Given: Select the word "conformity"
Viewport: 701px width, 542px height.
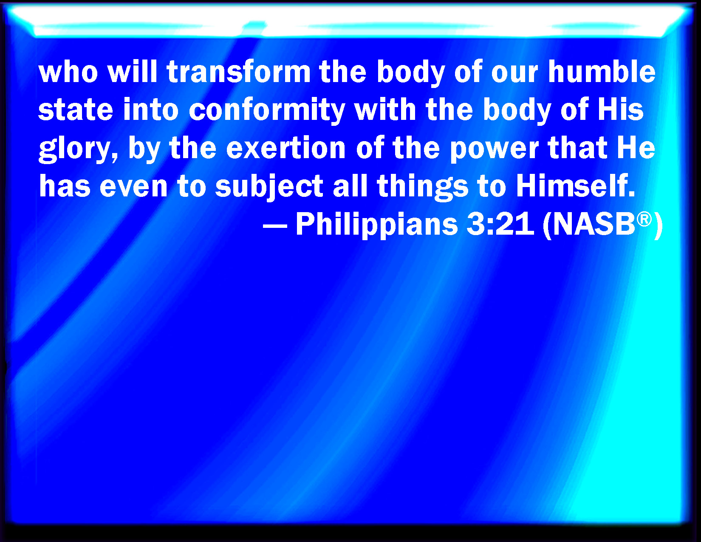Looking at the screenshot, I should click(x=267, y=110).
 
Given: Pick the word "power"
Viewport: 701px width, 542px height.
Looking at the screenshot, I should click(x=494, y=149).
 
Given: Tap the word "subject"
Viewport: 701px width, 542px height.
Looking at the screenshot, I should click(x=269, y=187).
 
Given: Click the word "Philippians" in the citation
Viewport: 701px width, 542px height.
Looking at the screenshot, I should click(x=376, y=224).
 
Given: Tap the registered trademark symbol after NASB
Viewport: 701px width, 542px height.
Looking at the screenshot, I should click(x=644, y=219).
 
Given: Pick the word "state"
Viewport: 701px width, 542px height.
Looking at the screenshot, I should click(x=76, y=110).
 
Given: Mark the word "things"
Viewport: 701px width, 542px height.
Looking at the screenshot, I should click(x=422, y=187).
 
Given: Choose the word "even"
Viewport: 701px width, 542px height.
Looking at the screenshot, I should click(x=133, y=187).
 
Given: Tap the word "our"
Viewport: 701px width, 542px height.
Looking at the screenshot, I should click(x=514, y=72).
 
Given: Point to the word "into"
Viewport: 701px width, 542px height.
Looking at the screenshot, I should click(x=151, y=110).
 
